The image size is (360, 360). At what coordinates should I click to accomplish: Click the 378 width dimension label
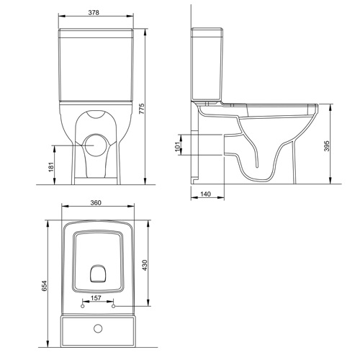coord(94,12)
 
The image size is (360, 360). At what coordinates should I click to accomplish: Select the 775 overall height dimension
coord(142,109)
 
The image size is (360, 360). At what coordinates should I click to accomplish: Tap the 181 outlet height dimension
coord(51,166)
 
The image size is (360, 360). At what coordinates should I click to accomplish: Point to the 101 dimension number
coord(177,146)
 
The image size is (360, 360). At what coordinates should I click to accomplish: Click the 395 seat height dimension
coord(327,146)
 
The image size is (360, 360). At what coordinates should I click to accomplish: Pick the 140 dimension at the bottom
coord(205,194)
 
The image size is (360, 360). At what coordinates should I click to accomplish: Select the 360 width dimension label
coord(96,202)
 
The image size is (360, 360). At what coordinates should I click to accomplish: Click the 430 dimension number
coord(145,265)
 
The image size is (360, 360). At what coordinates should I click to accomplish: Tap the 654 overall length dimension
coord(45,286)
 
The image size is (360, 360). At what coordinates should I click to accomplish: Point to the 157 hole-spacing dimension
coord(96,298)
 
